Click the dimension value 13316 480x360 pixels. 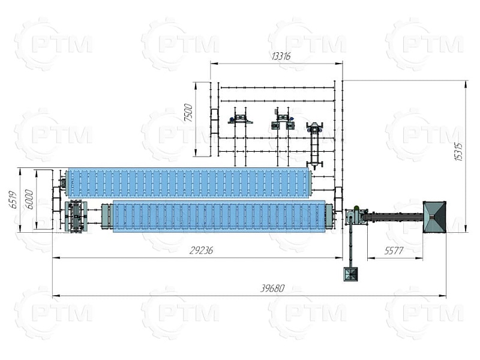point(281,56)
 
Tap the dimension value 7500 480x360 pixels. point(188,113)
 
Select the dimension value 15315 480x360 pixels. point(458,152)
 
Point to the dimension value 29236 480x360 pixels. point(201,251)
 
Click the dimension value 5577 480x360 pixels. point(394,251)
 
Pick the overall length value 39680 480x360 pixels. point(272,289)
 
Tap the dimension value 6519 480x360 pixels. point(13,200)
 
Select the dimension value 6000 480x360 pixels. point(29,199)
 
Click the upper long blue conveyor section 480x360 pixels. point(188,183)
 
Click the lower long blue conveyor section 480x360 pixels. point(219,216)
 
